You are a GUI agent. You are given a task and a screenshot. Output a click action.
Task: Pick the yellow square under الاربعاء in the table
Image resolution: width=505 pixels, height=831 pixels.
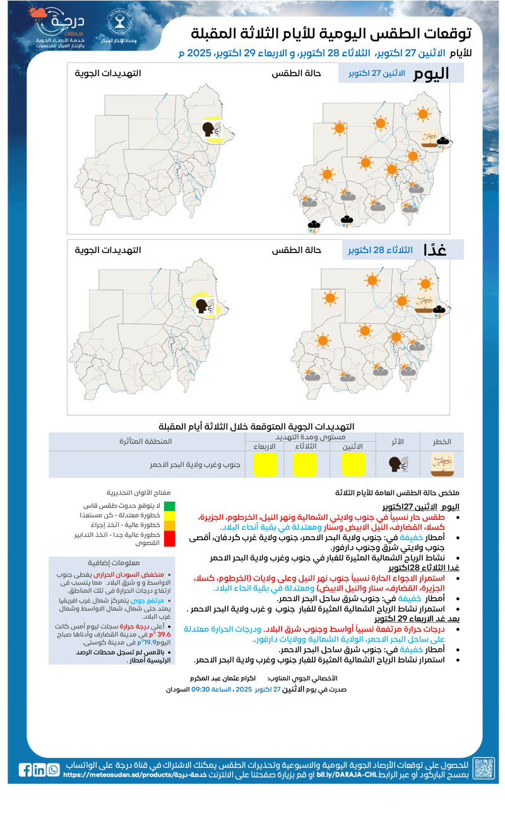[x=264, y=464]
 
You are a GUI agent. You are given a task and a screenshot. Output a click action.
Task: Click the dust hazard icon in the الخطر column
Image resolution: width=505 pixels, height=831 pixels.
[x=442, y=464]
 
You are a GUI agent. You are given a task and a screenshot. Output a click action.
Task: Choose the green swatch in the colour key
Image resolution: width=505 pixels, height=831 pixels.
[x=170, y=506]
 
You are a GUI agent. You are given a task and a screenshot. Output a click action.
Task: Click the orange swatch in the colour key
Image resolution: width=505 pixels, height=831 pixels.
[x=170, y=525]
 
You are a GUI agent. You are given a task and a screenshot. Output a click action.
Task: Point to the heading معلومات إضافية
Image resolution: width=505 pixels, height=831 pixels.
[x=113, y=563]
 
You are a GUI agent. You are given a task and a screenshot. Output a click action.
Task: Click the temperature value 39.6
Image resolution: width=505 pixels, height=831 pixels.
[x=162, y=635]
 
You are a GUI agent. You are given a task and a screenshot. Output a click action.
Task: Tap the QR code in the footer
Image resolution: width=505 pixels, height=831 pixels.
[x=484, y=769]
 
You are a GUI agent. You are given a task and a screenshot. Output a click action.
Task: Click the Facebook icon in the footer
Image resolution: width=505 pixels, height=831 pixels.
[x=25, y=770]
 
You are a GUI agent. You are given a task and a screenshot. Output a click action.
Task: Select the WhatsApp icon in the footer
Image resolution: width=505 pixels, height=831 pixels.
[x=53, y=770]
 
